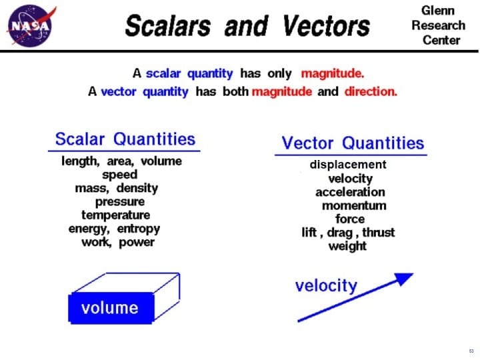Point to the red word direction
point(371,91)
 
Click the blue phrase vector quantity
point(145,91)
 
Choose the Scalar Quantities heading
point(125,139)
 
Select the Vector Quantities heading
point(353,143)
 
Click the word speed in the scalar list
point(120,175)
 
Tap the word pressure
point(120,201)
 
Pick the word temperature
point(116,215)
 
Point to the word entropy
point(139,229)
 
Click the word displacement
point(348,164)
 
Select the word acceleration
point(350,192)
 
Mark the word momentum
point(354,205)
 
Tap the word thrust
point(378,232)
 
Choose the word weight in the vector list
point(347,246)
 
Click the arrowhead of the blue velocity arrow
point(404,278)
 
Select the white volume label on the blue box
point(110,308)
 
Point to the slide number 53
point(471,351)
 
